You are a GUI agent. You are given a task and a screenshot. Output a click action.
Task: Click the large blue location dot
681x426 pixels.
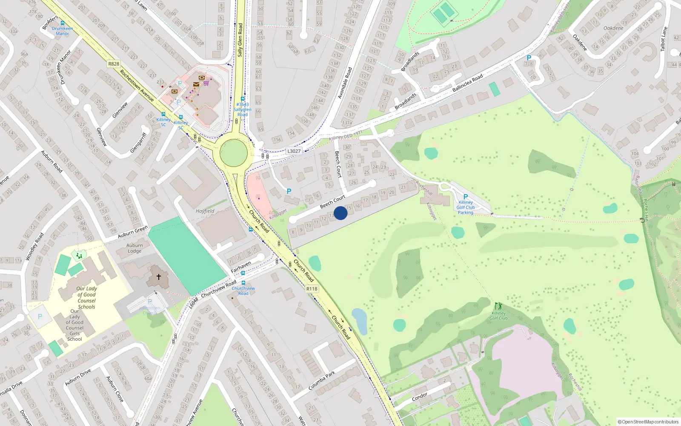pos(340,213)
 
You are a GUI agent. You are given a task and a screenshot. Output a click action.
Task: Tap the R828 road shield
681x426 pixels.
pos(114,64)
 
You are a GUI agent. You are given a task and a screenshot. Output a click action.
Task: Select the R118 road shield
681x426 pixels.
pos(312,289)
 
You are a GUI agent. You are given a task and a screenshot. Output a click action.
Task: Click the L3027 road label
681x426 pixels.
pos(294,151)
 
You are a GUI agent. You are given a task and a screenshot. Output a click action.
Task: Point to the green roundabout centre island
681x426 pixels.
pos(234,153)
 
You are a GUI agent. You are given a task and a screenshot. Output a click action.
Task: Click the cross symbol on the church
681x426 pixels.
pos(158,277)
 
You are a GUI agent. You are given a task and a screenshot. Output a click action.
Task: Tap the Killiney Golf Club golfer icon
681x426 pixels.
pos(498,306)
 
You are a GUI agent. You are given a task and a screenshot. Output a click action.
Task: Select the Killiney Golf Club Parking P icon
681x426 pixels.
pos(466,197)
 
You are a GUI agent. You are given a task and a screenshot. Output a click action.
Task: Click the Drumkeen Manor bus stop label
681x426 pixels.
pos(62,31)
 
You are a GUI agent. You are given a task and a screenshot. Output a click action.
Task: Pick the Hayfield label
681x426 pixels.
pos(205,211)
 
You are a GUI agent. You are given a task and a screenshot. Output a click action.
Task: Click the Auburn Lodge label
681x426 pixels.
pos(134,248)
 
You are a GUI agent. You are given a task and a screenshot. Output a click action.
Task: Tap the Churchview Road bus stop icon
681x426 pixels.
pos(243,283)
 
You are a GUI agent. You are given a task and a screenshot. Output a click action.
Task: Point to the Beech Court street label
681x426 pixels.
pos(332,202)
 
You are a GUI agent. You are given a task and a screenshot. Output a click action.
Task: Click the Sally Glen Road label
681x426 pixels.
pos(240,40)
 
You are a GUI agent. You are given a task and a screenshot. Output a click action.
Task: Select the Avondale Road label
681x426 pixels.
pos(345,83)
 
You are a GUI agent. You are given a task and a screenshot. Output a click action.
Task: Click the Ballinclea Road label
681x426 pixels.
pos(467,83)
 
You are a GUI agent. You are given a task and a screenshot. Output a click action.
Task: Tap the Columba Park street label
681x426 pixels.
pos(322,380)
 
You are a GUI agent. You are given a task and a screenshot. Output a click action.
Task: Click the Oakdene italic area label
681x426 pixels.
pos(613,28)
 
